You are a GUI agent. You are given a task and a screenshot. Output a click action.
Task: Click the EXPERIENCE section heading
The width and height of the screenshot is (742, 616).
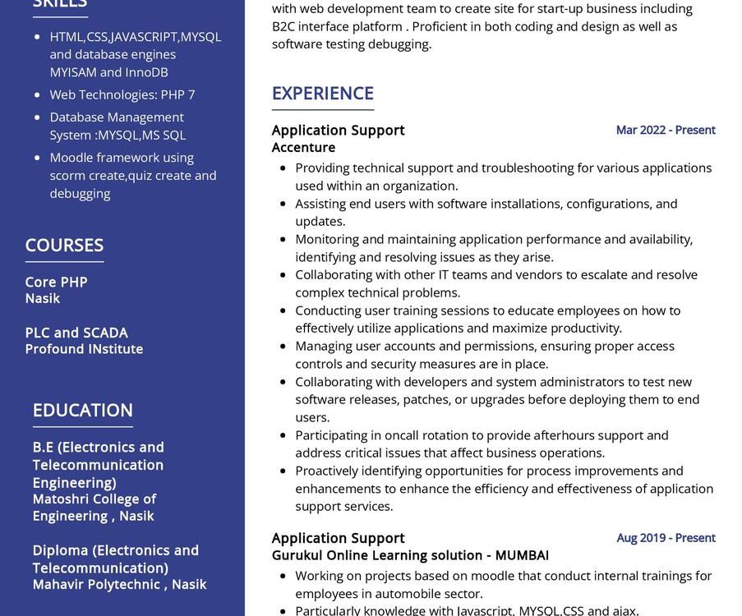[x=322, y=94]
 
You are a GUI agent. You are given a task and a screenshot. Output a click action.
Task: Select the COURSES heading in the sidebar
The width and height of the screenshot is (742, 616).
[x=64, y=245]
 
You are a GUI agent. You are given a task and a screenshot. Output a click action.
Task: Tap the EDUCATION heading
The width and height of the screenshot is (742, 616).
[x=82, y=410]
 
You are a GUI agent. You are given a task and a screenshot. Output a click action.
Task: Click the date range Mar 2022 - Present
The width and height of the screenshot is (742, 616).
[x=666, y=130]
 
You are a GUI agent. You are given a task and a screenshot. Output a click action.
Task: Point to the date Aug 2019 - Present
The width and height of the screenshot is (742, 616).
[x=666, y=538]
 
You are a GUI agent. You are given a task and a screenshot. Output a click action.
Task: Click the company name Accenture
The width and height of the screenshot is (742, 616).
[x=303, y=148]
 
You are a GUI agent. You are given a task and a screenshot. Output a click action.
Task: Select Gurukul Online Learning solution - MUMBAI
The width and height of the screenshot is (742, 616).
[x=410, y=555]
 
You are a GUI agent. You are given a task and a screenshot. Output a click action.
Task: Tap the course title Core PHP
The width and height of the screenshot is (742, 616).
[x=56, y=282]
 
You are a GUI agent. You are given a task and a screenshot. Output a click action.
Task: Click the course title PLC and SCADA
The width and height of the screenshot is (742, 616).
[x=76, y=333]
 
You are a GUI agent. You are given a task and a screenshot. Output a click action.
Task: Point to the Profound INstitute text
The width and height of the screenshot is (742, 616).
[x=84, y=349]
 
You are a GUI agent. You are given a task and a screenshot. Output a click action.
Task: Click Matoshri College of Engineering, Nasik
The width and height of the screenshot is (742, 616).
[x=94, y=508]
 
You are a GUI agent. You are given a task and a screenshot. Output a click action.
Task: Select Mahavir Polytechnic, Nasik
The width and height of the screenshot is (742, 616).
[x=119, y=584]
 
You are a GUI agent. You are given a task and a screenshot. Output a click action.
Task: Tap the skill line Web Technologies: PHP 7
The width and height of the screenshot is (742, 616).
[x=122, y=94]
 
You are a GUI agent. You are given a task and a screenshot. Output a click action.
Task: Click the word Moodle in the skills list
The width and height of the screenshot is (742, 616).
[x=70, y=158]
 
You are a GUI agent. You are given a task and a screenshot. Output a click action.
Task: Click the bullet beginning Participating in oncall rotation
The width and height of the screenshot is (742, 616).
[x=482, y=435]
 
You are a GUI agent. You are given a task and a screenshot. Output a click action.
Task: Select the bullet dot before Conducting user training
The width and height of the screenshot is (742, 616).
[x=283, y=310]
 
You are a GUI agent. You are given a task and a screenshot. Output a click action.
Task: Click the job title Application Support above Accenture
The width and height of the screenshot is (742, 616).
[x=338, y=130]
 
